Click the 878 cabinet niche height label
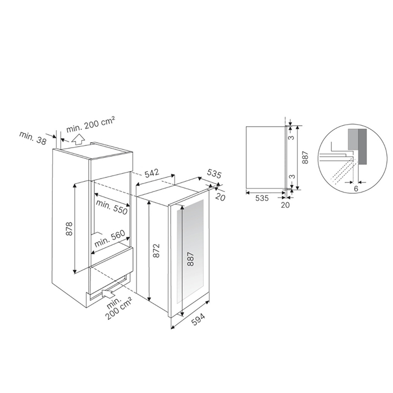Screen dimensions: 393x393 (70, 229)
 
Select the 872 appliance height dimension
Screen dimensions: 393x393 (157, 250)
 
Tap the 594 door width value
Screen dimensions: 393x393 (198, 319)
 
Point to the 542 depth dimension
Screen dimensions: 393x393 (152, 173)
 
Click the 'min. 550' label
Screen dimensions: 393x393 (112, 207)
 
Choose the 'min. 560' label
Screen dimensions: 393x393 (109, 239)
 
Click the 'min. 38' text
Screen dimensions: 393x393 (33, 138)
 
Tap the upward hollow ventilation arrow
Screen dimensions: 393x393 (78, 139)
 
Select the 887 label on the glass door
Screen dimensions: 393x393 (191, 259)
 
